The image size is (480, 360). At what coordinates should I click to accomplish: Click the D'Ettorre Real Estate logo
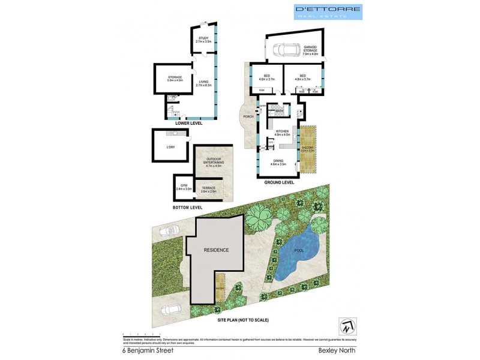(x=327, y=11)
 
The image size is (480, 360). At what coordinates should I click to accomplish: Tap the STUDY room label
(x=204, y=40)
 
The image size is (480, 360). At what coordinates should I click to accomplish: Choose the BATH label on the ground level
(x=279, y=111)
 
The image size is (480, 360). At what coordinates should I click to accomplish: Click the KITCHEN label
(x=282, y=133)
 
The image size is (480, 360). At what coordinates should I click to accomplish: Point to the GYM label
(x=186, y=187)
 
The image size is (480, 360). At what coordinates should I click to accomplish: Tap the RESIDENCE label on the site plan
(x=216, y=250)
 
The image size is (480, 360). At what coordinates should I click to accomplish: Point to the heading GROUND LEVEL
(x=279, y=182)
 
